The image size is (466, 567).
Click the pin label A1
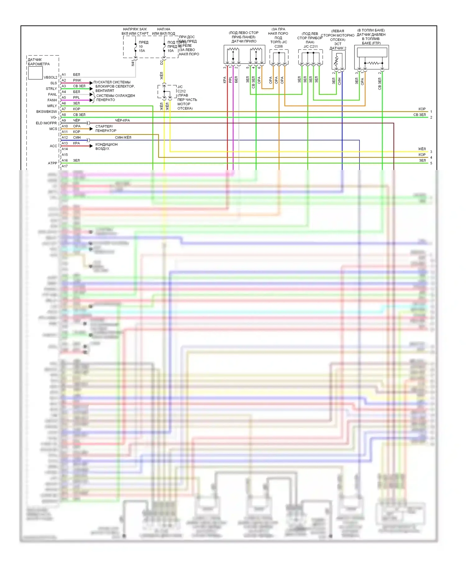point(64,75)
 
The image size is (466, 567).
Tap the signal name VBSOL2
point(50,78)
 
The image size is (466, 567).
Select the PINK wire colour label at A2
point(77,80)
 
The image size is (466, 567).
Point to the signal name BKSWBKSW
point(47,112)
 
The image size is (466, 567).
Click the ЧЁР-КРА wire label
point(122,120)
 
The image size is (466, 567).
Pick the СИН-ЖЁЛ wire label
point(123,137)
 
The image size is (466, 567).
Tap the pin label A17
point(65,166)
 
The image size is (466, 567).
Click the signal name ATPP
point(53,163)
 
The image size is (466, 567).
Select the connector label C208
point(278,47)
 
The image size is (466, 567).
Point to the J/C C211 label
point(310,47)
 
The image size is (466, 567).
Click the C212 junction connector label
point(181,91)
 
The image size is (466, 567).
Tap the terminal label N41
point(133,63)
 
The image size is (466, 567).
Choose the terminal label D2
point(162,62)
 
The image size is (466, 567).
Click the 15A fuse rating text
point(142,51)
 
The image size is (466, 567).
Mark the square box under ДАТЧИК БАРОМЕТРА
point(35,73)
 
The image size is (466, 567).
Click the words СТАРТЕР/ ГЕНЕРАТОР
point(104,128)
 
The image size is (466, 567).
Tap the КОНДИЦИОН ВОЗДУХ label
point(106,146)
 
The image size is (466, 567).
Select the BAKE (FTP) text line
point(371,43)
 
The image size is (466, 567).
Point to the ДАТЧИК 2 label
point(338,48)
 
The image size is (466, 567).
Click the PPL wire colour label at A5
point(76,98)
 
